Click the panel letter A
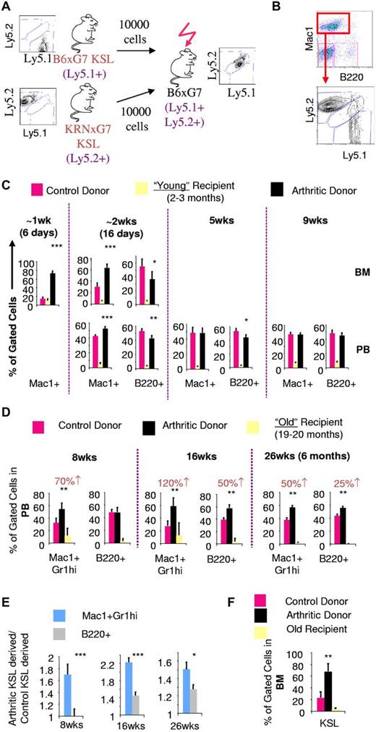pos(6,7)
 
